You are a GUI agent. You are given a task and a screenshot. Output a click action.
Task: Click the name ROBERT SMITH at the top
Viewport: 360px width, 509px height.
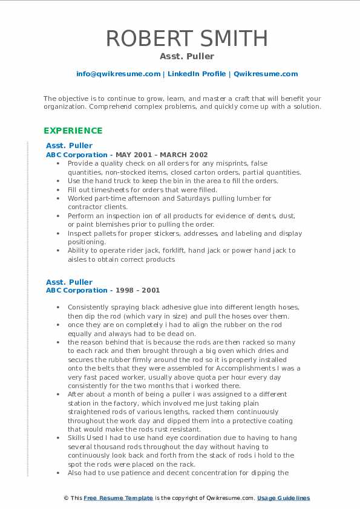tap(186, 38)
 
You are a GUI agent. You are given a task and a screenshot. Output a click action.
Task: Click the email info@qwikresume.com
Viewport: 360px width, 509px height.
tap(118, 74)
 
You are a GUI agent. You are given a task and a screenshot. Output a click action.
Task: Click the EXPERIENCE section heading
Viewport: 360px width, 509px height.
tap(73, 131)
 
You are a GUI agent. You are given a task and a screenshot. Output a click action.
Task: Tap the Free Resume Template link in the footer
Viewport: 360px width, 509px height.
tap(117, 498)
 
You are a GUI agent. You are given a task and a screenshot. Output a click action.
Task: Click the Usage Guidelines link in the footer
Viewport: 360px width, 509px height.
tap(283, 498)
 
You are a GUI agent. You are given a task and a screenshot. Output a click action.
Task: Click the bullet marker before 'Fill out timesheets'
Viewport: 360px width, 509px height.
tap(58, 190)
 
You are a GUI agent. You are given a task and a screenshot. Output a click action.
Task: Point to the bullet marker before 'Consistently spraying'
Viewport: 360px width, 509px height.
tap(58, 307)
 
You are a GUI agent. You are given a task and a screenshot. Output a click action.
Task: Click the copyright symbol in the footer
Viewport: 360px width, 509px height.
tap(65, 498)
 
